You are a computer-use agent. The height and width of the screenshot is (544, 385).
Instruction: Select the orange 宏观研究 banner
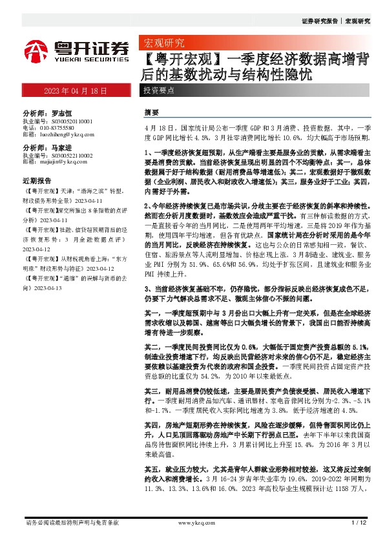tap(162, 43)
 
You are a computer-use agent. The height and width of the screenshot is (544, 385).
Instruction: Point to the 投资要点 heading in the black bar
tap(158, 91)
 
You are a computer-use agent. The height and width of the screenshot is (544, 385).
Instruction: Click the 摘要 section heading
tap(151, 112)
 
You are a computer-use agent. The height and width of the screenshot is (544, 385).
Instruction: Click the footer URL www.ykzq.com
tap(192, 522)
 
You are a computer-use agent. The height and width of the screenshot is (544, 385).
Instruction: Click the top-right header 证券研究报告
tap(319, 21)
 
